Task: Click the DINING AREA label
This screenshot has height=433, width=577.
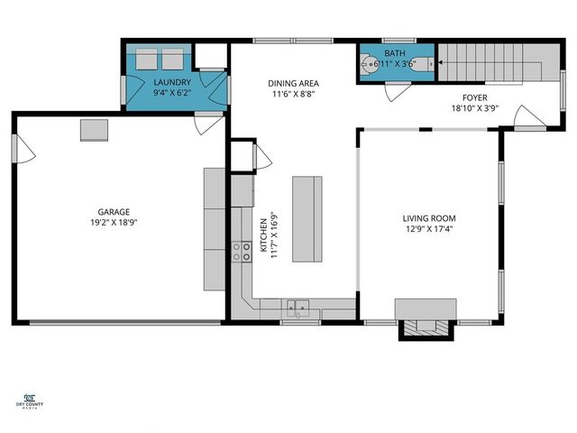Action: pyautogui.click(x=293, y=83)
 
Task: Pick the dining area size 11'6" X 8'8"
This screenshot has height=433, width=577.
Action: pyautogui.click(x=293, y=93)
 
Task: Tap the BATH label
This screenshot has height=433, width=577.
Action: pyautogui.click(x=396, y=54)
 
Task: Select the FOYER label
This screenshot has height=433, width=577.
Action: pyautogui.click(x=474, y=98)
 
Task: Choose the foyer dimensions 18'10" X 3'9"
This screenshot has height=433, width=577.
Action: pyautogui.click(x=474, y=109)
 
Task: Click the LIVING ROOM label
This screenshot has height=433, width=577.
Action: pyautogui.click(x=428, y=218)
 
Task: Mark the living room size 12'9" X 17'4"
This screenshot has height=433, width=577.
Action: pyautogui.click(x=428, y=229)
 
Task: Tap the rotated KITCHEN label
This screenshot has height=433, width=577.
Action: pyautogui.click(x=264, y=233)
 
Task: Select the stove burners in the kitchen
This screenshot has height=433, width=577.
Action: pyautogui.click(x=242, y=251)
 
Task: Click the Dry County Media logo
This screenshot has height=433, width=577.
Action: pyautogui.click(x=31, y=401)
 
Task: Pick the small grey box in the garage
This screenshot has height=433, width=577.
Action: pyautogui.click(x=94, y=130)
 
